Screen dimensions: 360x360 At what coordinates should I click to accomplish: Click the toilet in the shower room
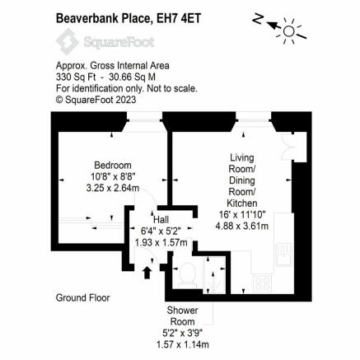187,275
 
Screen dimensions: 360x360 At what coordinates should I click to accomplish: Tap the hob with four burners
262,283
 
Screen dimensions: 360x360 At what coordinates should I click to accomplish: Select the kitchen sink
284,255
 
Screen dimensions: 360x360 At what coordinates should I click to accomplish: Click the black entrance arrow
147,273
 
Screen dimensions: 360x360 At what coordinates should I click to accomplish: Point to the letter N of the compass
258,19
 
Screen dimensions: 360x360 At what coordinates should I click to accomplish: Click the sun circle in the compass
288,31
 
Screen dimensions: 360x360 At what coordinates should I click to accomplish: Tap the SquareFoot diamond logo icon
68,42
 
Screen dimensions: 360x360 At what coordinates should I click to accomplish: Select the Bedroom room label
113,166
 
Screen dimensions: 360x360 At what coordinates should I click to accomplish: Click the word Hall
161,219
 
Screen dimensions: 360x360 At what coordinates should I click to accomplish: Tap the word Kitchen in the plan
242,203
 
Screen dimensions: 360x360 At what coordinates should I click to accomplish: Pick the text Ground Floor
82,297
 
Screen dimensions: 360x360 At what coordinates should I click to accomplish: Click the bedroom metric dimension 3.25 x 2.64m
113,188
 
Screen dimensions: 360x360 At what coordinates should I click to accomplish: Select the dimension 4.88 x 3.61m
242,226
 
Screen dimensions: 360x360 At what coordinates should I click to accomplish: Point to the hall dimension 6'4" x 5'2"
161,231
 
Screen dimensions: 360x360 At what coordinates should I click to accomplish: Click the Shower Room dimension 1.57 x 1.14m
182,344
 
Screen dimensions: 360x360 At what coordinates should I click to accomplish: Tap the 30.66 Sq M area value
132,77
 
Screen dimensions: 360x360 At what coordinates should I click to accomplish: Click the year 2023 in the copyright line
125,100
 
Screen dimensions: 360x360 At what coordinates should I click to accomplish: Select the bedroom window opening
145,120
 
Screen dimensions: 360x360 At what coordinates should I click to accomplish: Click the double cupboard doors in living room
288,146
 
